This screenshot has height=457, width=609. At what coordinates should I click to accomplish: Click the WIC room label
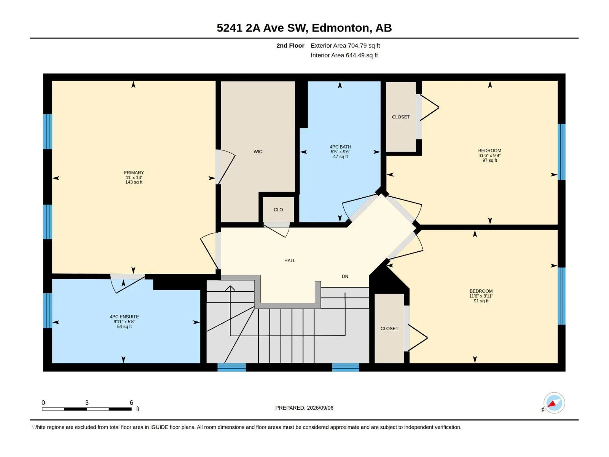258,152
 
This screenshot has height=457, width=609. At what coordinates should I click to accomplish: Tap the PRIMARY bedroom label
134,173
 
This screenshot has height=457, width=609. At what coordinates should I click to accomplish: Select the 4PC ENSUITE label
124,316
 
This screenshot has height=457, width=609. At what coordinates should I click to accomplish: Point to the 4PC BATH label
340,147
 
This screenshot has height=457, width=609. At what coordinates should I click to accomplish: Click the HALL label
290,260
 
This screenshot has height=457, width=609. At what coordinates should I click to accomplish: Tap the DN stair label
345,276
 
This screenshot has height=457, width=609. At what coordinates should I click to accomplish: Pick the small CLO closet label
278,210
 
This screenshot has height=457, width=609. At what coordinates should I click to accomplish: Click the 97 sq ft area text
490,160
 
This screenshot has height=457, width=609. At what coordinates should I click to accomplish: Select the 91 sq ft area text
481,301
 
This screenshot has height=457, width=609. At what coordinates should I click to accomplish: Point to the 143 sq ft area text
134,182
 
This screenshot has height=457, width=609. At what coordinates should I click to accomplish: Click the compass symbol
554,403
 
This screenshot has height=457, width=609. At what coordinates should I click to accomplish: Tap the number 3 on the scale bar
87,403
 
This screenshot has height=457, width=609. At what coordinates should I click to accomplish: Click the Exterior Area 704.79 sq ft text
345,45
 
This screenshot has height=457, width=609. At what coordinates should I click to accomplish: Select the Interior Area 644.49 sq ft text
344,55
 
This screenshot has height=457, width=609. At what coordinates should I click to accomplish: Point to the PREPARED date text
304,408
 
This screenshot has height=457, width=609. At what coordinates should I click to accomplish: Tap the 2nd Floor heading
290,45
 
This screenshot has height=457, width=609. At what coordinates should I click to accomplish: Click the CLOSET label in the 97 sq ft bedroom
401,117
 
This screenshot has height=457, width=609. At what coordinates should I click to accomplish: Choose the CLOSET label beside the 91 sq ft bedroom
389,329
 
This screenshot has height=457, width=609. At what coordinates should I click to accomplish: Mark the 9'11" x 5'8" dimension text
124,321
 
